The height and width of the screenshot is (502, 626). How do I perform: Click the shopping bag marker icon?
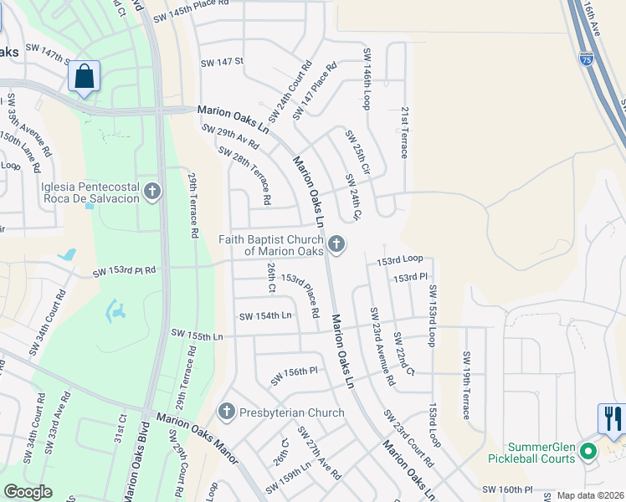(84, 77)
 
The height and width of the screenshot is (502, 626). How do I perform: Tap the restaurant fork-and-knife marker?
(612, 417)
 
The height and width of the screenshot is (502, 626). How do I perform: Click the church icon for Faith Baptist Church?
(336, 244)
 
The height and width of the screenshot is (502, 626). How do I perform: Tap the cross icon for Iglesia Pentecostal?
(151, 192)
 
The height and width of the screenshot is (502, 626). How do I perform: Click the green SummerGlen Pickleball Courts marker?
(588, 453)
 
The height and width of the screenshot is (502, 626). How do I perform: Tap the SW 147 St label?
(222, 61)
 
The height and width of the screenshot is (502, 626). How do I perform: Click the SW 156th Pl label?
(295, 376)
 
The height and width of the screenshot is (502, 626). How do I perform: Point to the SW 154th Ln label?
(265, 315)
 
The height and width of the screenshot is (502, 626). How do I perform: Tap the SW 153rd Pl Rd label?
(125, 271)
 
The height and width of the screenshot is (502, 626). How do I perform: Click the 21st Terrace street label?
(404, 132)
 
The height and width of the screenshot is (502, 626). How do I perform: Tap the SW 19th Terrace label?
(466, 386)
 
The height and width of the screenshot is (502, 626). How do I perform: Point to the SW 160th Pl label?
(507, 489)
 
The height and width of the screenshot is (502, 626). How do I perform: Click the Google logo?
(28, 492)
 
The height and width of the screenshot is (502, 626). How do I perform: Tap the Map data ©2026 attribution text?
(589, 495)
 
